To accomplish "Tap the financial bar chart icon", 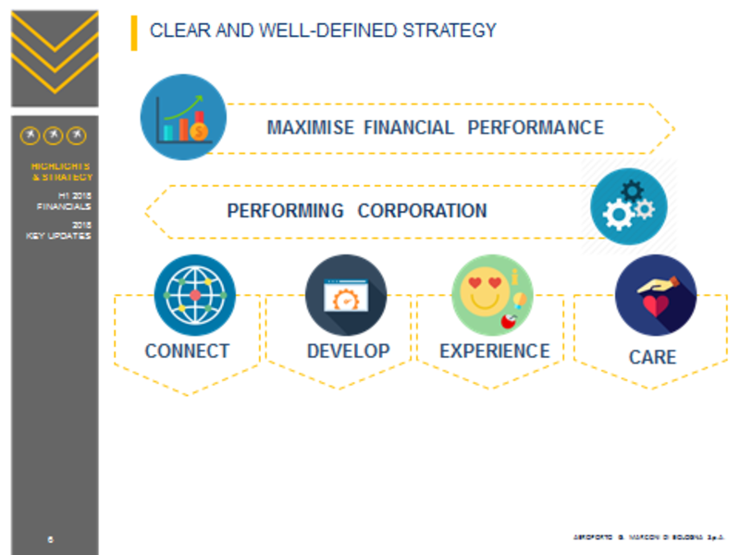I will pos(183,117).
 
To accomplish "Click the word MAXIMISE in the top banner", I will pos(310,128).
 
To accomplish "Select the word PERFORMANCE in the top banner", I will pos(536,128).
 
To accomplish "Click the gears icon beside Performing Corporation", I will pos(629,205).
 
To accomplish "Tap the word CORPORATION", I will pos(422,211).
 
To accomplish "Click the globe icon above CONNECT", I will pos(194,295).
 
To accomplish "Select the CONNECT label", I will pos(187,351).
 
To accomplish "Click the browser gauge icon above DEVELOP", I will pos(346,295).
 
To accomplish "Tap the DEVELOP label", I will pos(348,351).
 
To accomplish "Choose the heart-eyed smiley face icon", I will pos(492,295).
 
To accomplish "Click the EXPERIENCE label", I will pos(494,351).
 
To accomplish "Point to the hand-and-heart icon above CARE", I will pos(655,295).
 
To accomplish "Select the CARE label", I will pos(652,357).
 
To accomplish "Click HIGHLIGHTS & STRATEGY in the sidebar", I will pos(61,171).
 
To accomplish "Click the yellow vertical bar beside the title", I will pos(134,32).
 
